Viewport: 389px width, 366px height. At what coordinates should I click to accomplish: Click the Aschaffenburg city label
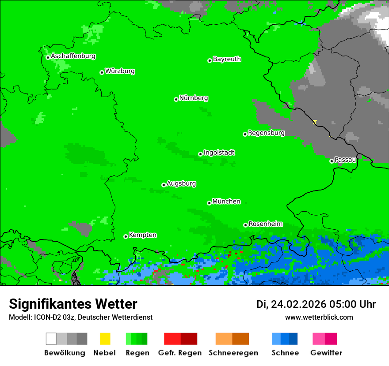point(73,56)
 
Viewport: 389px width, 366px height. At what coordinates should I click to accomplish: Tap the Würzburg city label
point(120,71)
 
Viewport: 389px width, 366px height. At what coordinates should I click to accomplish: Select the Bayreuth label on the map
point(227,59)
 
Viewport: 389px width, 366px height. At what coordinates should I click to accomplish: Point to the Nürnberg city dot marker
point(176,99)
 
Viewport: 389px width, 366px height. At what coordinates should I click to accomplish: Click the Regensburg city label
point(266,133)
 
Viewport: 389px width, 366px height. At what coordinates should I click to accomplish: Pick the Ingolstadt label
point(219,153)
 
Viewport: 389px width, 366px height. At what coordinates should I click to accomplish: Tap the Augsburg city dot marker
point(164,185)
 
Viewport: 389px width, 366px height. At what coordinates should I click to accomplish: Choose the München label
point(226,202)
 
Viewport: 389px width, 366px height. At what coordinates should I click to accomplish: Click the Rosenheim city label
point(265,224)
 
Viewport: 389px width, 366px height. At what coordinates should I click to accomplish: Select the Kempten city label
point(142,235)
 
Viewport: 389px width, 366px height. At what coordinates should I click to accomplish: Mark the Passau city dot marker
point(332,161)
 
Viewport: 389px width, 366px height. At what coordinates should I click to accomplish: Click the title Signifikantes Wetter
point(73,304)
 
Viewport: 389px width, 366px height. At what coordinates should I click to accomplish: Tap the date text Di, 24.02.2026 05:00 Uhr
point(316,304)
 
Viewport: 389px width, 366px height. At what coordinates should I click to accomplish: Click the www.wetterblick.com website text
point(319,317)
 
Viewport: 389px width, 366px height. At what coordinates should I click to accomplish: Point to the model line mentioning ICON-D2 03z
point(80,317)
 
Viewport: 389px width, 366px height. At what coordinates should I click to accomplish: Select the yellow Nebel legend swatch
point(105,339)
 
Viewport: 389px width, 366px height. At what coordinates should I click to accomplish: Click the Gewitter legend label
point(326,353)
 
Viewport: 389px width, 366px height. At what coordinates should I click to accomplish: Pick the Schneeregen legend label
point(233,353)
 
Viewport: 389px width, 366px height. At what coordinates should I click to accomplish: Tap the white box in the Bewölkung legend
point(51,339)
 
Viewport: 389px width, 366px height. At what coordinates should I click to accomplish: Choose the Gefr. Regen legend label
point(179,353)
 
